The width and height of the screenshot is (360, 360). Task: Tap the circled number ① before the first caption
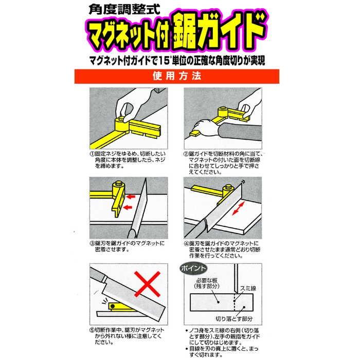coord(91,154)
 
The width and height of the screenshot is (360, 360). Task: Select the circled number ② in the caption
coord(186,154)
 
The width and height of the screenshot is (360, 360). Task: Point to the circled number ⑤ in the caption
coord(91,329)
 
